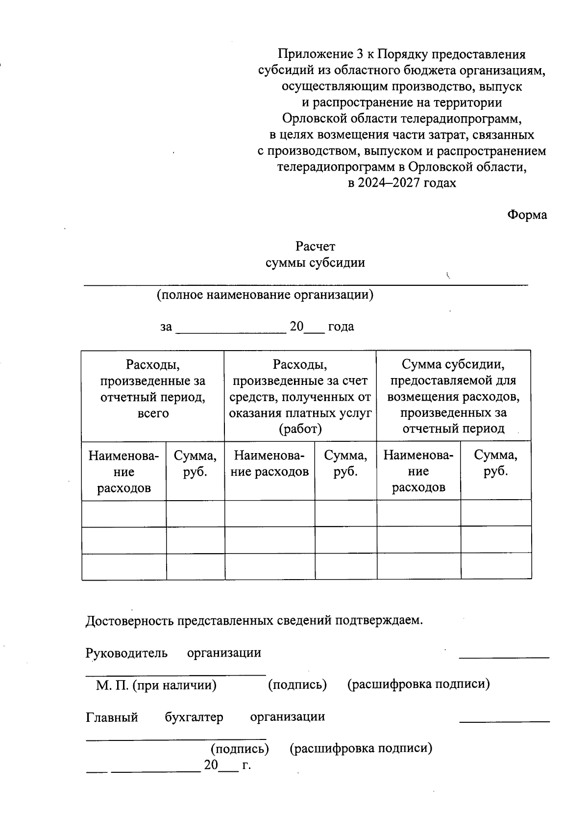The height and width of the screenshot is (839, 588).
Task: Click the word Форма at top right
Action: [x=527, y=215]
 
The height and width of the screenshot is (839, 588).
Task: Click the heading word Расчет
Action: [x=315, y=246]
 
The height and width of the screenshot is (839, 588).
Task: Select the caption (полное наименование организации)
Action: [x=265, y=295]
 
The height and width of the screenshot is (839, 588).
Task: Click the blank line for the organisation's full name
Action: [x=306, y=283]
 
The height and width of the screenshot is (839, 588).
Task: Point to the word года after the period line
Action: [x=341, y=327]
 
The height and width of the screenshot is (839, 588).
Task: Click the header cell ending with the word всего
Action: [x=153, y=396]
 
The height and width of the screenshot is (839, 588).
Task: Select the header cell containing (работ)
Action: [x=300, y=396]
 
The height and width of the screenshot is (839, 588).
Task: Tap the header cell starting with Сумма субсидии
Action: [x=453, y=396]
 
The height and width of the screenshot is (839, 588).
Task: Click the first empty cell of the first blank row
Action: [x=124, y=513]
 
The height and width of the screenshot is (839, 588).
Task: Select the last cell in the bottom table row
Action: [x=495, y=566]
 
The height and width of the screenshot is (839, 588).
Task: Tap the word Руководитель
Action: [x=126, y=653]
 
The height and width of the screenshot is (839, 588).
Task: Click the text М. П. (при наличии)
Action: [x=156, y=685]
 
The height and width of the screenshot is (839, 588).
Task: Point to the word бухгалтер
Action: [x=194, y=717]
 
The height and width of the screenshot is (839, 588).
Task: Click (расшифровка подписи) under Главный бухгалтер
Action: [x=361, y=749]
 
